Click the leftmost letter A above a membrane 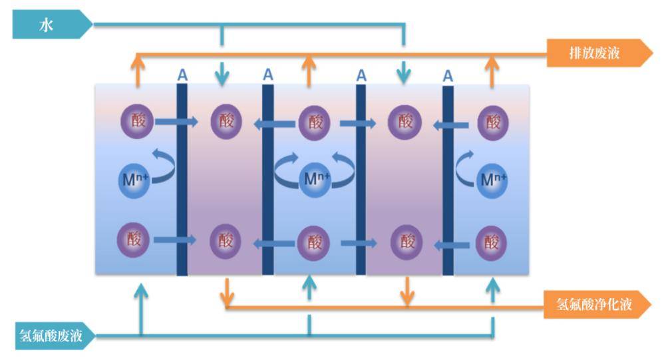pyautogui.click(x=182, y=75)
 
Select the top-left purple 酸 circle pyautogui.click(x=136, y=122)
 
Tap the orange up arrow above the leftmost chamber pyautogui.click(x=138, y=70)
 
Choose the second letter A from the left pyautogui.click(x=267, y=75)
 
